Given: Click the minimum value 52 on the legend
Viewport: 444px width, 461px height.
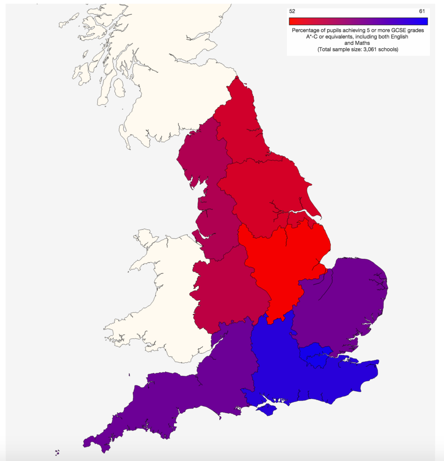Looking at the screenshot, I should pyautogui.click(x=292, y=11).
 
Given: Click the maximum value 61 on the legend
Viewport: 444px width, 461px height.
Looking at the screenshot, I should pyautogui.click(x=422, y=11).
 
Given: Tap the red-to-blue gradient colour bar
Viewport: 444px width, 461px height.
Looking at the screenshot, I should pyautogui.click(x=358, y=21).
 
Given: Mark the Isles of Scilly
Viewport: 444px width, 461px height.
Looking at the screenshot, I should pyautogui.click(x=57, y=452).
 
